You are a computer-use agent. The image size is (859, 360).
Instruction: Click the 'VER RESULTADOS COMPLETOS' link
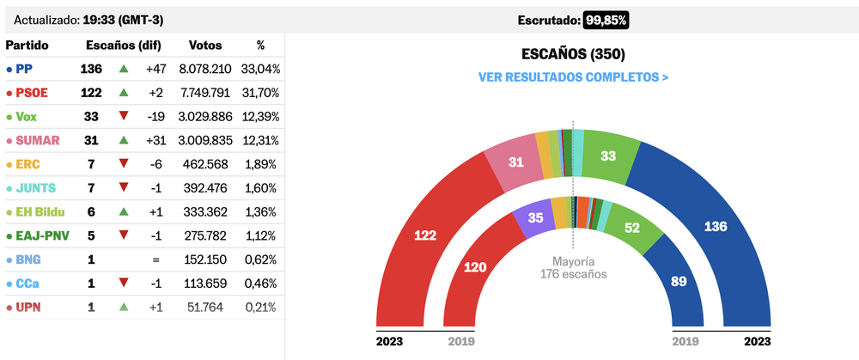point(573,77)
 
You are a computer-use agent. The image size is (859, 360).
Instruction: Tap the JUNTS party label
point(34,187)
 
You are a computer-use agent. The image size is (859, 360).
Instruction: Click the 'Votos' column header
point(204,45)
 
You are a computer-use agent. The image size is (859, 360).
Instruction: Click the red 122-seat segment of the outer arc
point(427,236)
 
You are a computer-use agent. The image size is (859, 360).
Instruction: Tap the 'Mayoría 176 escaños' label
point(573,268)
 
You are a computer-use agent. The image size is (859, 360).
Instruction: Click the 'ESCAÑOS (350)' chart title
point(573,54)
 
